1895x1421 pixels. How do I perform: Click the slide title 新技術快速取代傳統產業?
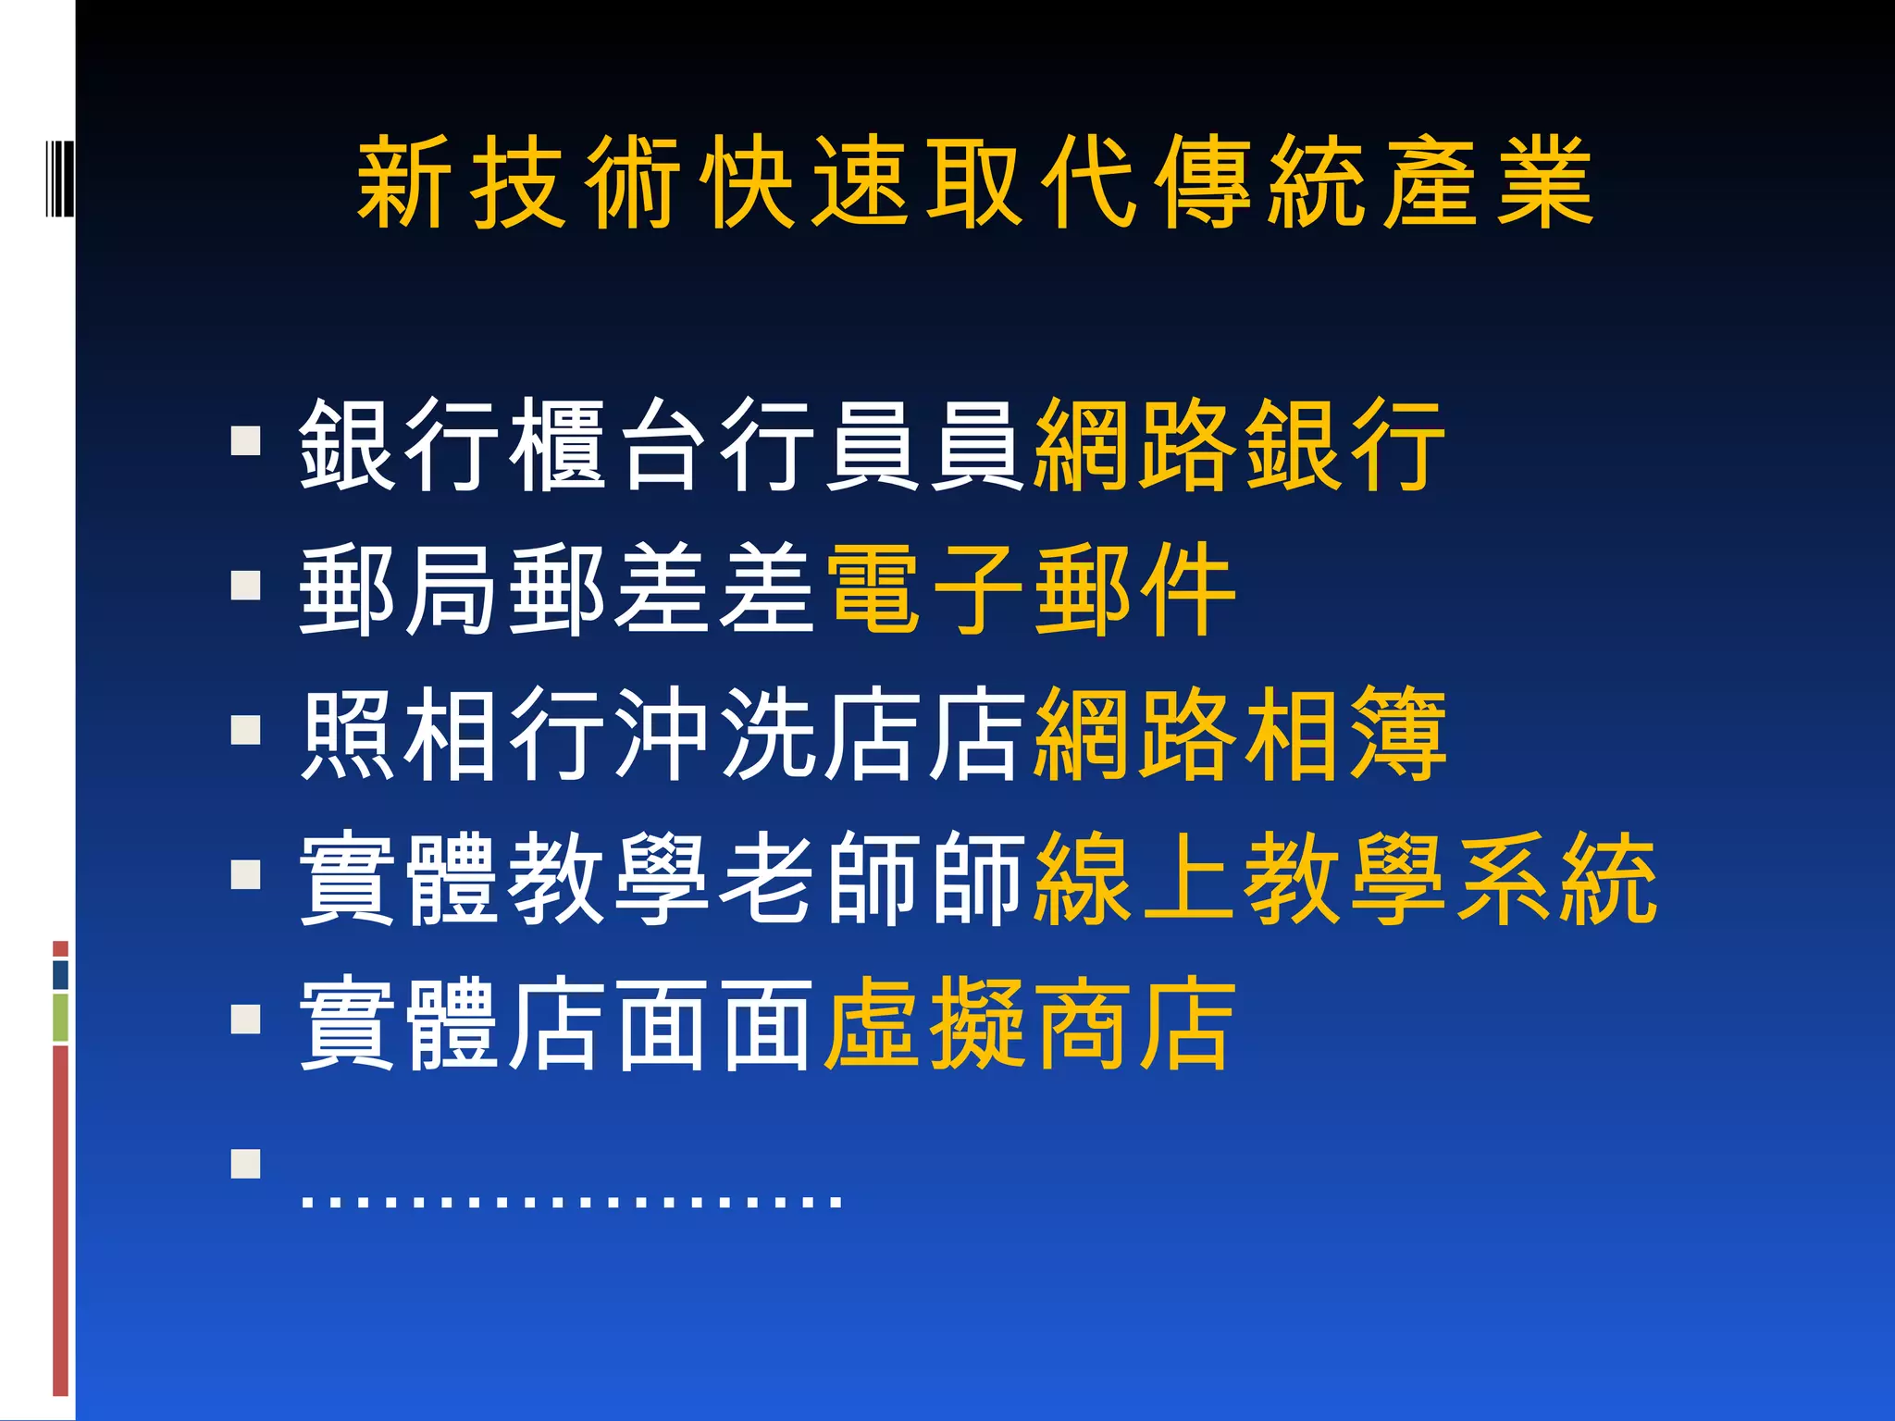pos(975,181)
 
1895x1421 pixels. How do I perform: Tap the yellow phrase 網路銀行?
pos(1240,445)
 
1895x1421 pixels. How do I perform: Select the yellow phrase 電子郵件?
pos(1030,589)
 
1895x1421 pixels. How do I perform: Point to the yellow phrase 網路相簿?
pos(1240,734)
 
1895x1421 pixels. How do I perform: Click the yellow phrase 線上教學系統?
pos(1345,878)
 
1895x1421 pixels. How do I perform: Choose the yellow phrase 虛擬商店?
pos(1030,1023)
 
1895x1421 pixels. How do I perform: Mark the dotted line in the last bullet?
pos(572,1202)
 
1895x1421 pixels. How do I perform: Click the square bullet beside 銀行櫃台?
pos(246,440)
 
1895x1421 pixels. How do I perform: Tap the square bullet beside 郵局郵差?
pos(246,585)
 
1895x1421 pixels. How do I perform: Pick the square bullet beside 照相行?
pos(246,729)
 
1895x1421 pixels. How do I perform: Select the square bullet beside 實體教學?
pos(246,874)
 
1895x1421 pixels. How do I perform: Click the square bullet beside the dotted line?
pos(246,1163)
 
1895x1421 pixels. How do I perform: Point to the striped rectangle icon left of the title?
pos(58,177)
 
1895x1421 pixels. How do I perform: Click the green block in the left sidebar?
pos(60,1018)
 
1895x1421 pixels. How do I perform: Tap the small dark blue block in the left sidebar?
pos(60,974)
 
